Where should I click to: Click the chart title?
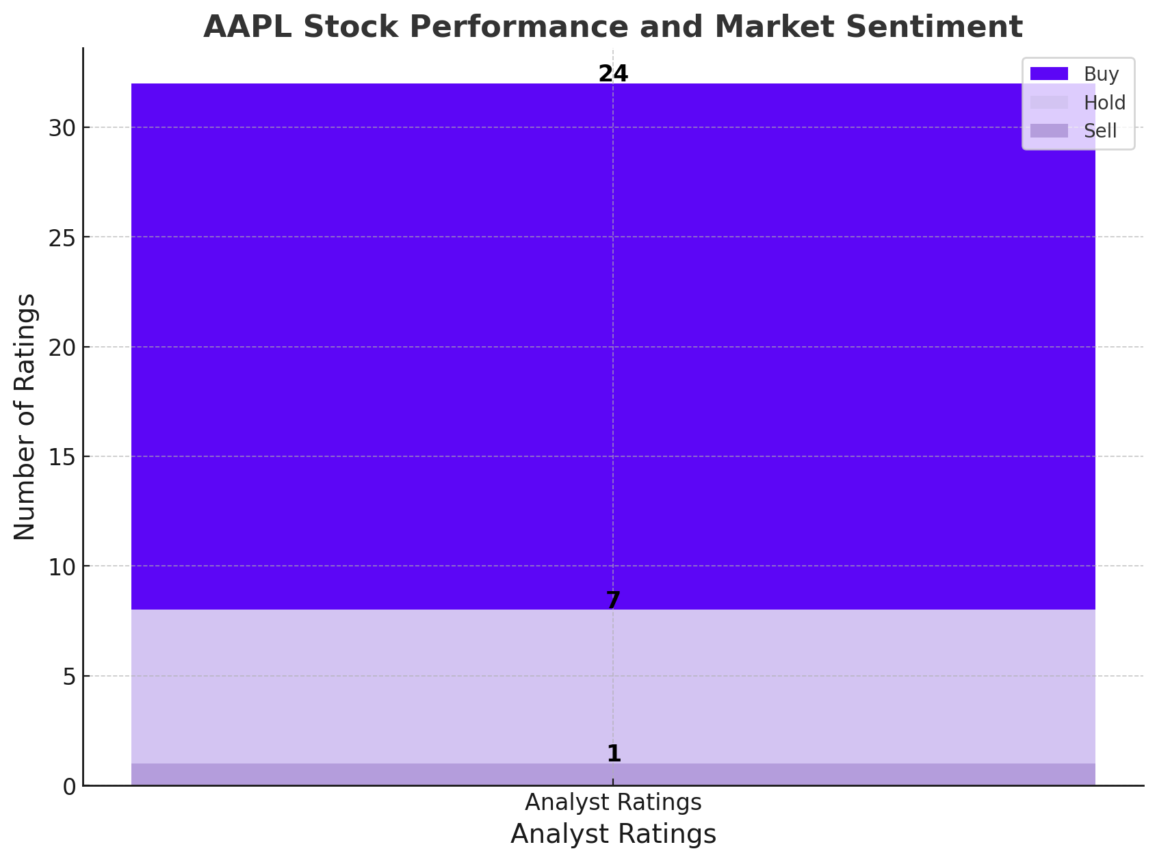pos(612,27)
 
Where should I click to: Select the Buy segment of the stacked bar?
pos(613,346)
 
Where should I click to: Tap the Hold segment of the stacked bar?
pos(613,687)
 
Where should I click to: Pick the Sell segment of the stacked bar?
pos(613,774)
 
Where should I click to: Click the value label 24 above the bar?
pos(613,74)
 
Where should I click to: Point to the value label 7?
pos(613,600)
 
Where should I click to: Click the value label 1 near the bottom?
pos(614,753)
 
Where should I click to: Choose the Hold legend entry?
pos(1078,102)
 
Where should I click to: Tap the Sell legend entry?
pos(1074,131)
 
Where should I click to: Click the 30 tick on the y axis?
pos(62,128)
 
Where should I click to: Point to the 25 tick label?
pos(62,237)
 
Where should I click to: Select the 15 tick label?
pos(62,457)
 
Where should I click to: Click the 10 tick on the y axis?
pos(62,566)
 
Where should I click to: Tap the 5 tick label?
pos(69,677)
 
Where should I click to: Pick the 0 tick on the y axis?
pos(69,786)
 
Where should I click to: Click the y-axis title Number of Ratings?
pos(25,417)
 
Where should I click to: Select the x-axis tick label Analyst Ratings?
pos(613,802)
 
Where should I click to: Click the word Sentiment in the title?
pos(934,27)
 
